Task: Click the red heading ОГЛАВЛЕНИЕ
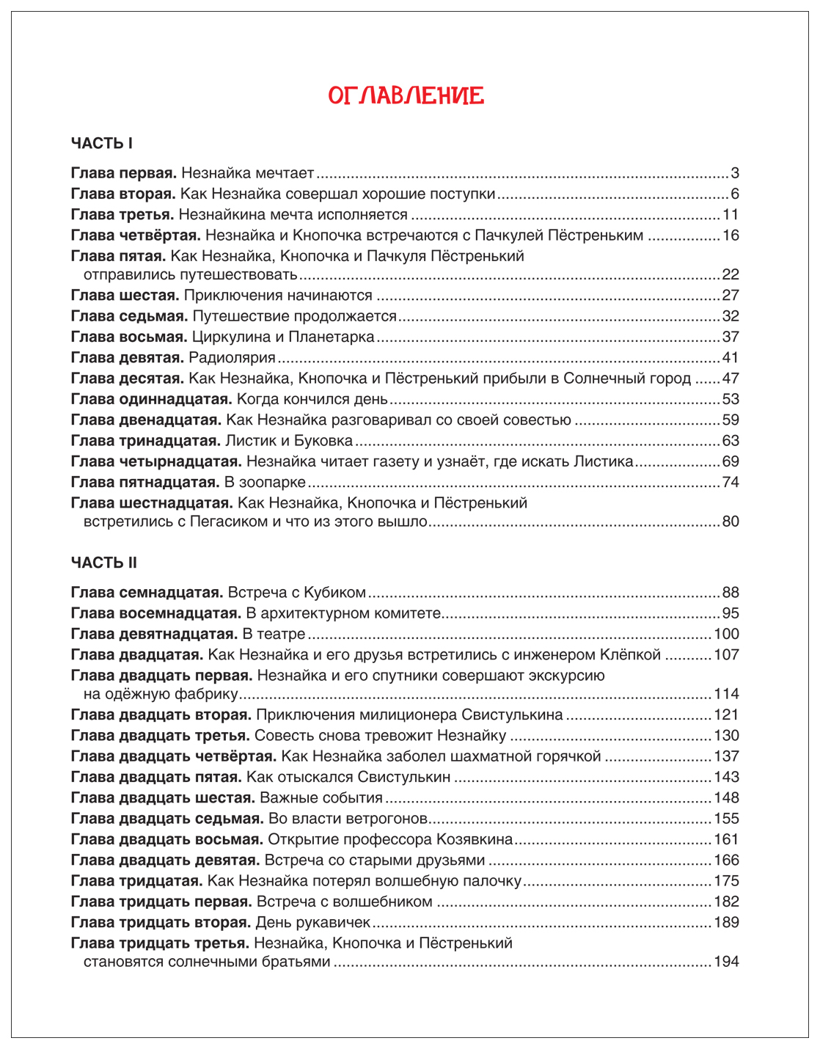click(x=406, y=96)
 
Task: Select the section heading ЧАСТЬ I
click(x=102, y=143)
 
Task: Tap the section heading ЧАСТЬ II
click(x=104, y=563)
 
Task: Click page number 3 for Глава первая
click(x=734, y=174)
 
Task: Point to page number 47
click(x=731, y=379)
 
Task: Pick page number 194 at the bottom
click(x=726, y=962)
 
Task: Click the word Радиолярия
click(x=232, y=358)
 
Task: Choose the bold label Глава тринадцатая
click(x=146, y=441)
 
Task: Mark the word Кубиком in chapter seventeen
click(x=334, y=593)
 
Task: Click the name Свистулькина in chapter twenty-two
click(x=513, y=715)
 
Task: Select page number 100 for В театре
click(x=726, y=635)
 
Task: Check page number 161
click(x=726, y=840)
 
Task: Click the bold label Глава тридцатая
click(x=137, y=881)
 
